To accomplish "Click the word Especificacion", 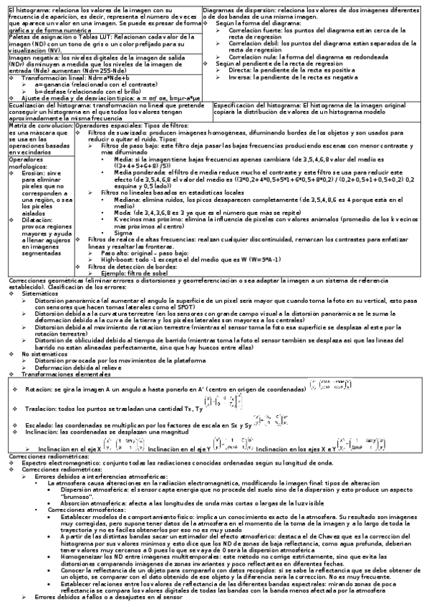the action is [236, 105].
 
